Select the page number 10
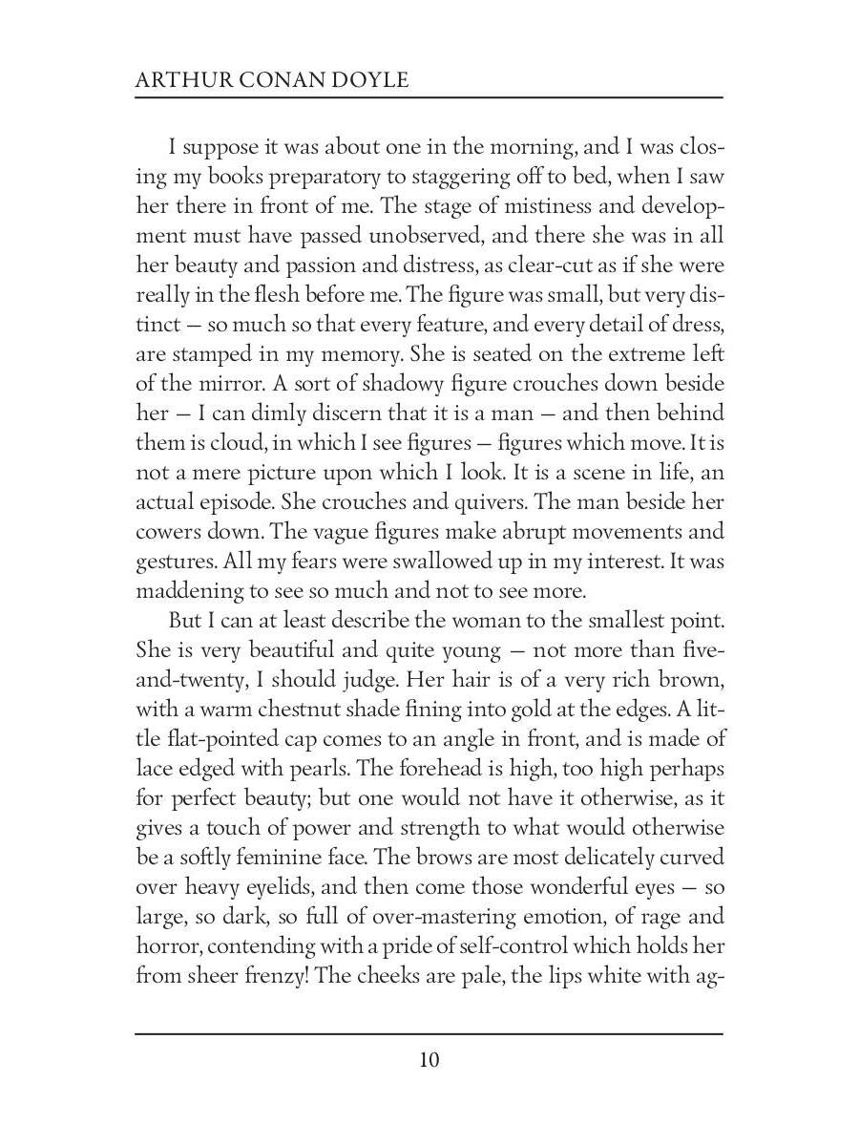click(429, 1061)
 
